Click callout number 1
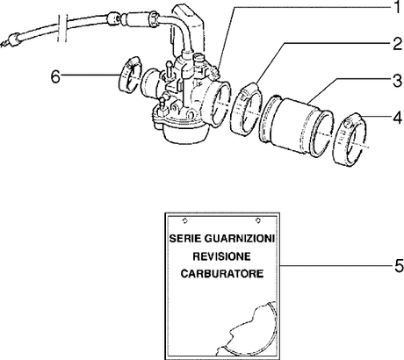[396, 8]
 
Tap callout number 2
[397, 44]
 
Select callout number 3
[397, 81]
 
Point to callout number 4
[397, 118]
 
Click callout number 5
[399, 266]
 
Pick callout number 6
[55, 77]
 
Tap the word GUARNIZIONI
[240, 239]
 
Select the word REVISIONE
[222, 256]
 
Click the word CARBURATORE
[222, 274]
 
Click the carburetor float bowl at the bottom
[182, 133]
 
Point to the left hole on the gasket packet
[184, 220]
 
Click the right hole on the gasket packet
[258, 220]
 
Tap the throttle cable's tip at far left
[4, 44]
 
